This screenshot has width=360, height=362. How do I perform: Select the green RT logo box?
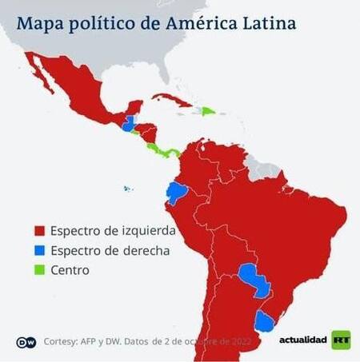(x=341, y=340)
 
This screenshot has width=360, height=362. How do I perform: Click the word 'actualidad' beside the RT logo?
(x=302, y=341)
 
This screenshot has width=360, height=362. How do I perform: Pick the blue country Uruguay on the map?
(x=263, y=321)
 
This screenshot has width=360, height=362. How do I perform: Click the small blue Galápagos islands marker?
(x=127, y=189)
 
